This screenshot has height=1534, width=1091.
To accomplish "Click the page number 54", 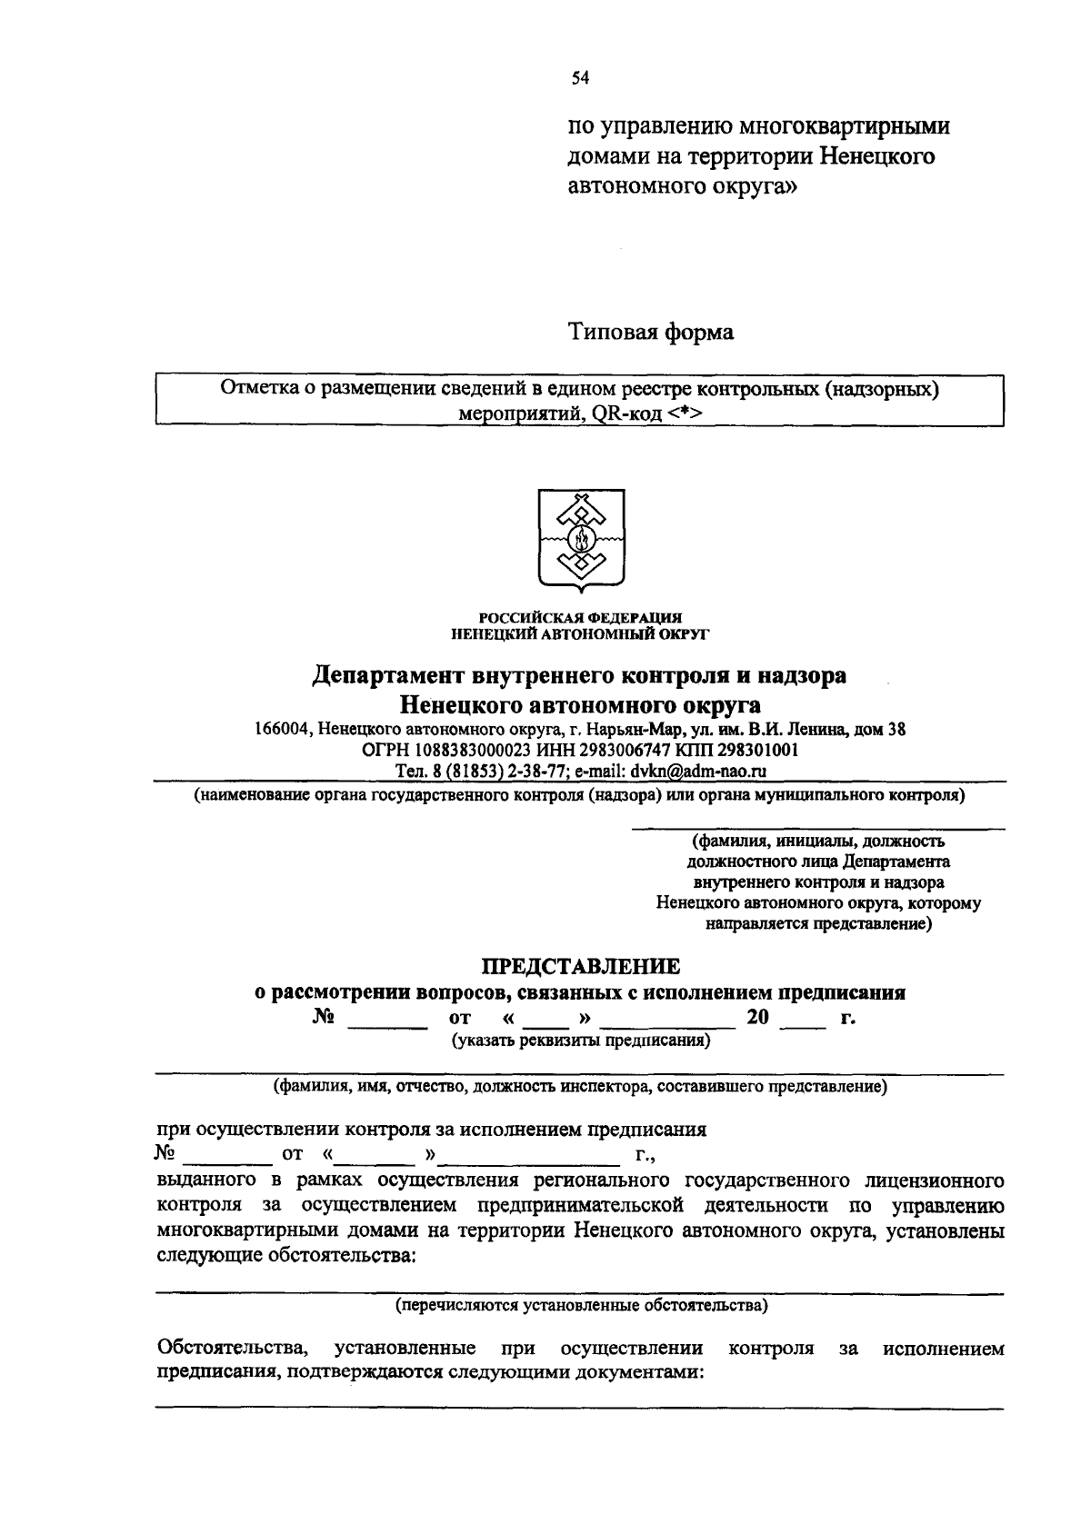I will coord(580,79).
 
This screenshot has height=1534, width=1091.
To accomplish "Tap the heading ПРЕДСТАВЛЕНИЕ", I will coord(580,965).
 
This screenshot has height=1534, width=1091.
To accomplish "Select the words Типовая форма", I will coord(650,333).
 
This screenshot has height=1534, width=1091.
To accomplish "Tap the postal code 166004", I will coord(284,730).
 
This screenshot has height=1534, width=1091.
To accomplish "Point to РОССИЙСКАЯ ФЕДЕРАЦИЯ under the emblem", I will coord(580,618).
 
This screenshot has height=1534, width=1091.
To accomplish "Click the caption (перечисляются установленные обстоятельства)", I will coord(580,1306).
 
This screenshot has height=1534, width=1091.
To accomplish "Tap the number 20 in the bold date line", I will coord(757,1018).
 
